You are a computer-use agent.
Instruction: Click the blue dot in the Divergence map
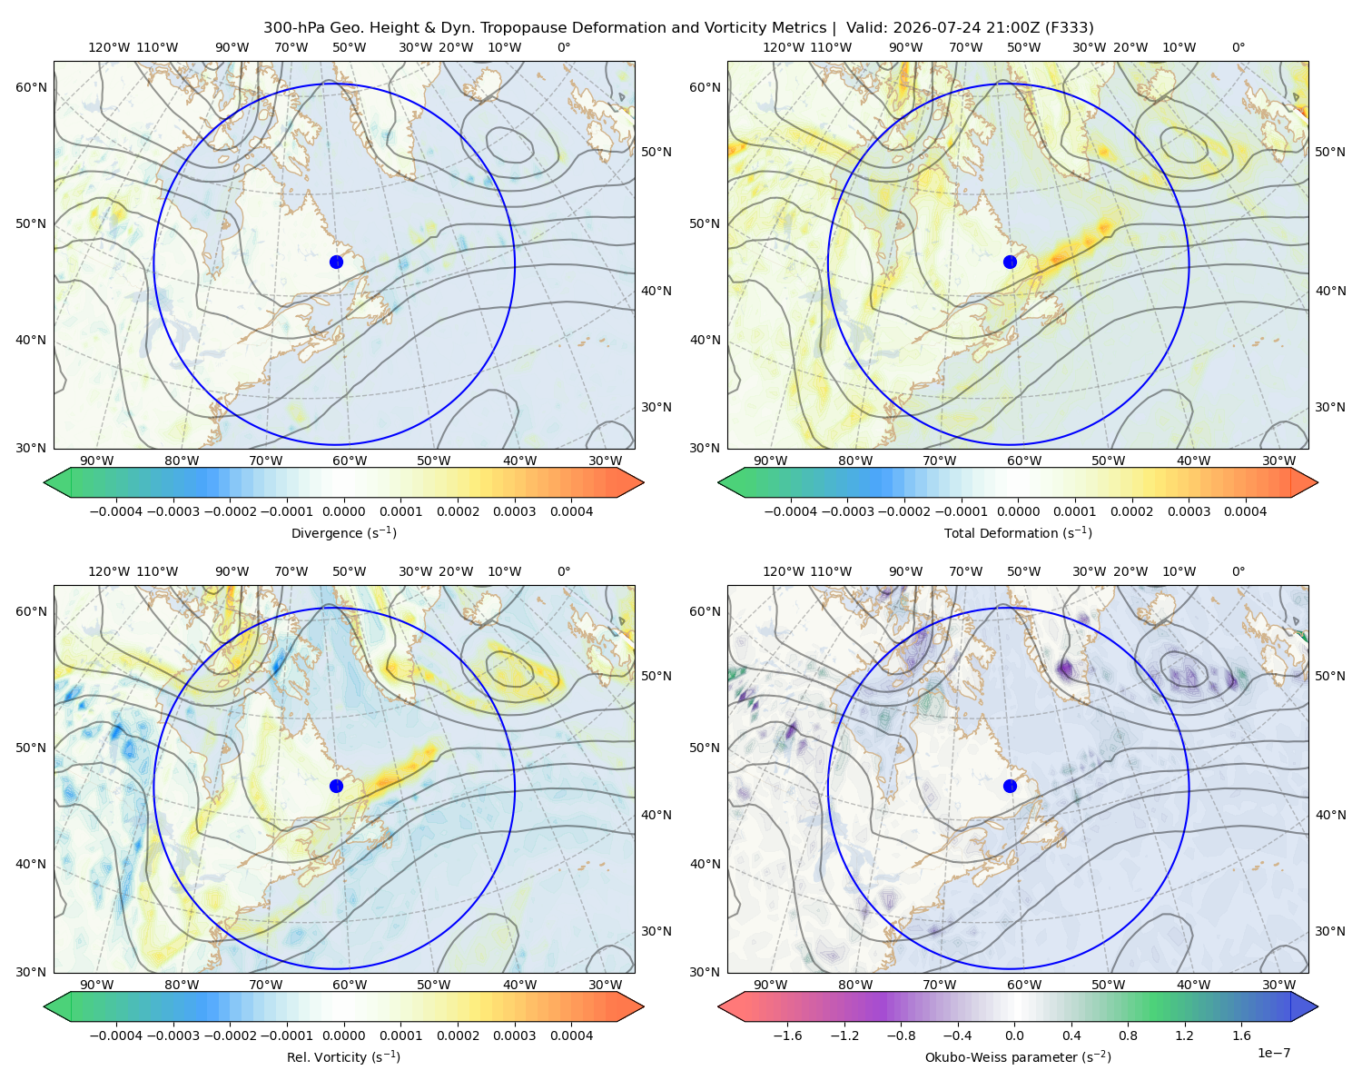point(336,262)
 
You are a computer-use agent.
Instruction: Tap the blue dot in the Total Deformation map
point(1010,262)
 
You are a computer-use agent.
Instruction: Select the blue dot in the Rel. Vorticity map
point(336,786)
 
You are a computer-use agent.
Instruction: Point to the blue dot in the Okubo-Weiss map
point(1010,786)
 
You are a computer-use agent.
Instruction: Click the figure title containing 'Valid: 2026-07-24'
point(678,27)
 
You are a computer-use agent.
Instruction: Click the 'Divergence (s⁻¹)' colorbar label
point(343,532)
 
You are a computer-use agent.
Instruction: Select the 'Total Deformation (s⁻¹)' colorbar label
point(1018,532)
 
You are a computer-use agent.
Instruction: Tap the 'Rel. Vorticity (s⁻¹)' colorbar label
point(343,1056)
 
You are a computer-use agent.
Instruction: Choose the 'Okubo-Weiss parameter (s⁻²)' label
point(1018,1056)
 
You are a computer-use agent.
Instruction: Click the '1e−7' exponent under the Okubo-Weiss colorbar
point(1273,1053)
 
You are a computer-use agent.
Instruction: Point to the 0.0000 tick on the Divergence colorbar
point(343,511)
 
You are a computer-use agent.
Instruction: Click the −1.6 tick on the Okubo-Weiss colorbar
point(787,1035)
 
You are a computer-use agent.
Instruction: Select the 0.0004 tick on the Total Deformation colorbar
point(1245,511)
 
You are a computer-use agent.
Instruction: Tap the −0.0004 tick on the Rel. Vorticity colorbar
point(116,1035)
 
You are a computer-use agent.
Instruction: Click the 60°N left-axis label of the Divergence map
point(31,87)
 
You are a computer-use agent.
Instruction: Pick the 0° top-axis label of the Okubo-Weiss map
point(1238,570)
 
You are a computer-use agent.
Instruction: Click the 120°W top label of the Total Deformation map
point(784,47)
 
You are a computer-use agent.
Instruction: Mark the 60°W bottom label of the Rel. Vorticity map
point(350,985)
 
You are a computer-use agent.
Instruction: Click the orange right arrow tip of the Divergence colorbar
point(644,482)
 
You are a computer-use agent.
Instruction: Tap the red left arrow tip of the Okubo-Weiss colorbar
point(718,1006)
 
